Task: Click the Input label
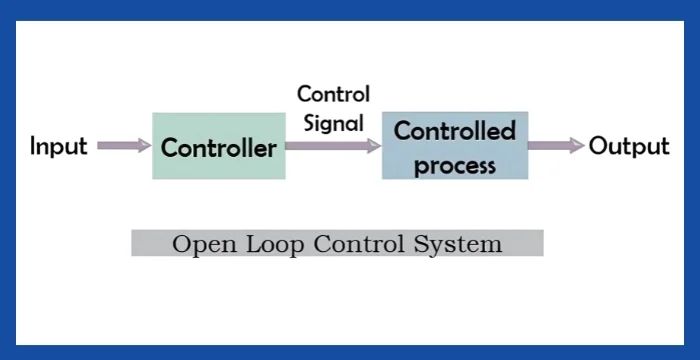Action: click(59, 147)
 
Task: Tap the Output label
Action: click(628, 147)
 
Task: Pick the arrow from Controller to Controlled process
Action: click(331, 146)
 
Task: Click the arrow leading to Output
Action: click(555, 146)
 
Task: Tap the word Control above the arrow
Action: click(333, 95)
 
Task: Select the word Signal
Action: click(333, 124)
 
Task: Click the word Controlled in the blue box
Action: click(455, 131)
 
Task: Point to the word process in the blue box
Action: click(455, 165)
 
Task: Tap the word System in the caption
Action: click(461, 243)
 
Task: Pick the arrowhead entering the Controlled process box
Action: click(374, 146)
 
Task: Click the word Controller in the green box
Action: click(218, 149)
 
